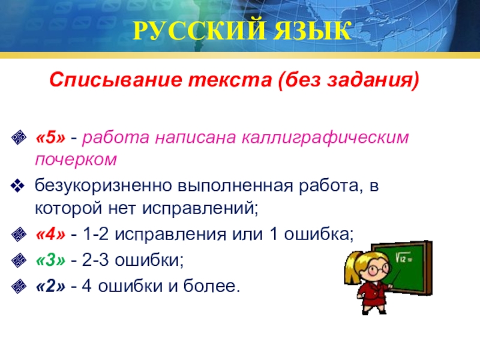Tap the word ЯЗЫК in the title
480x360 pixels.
(x=313, y=31)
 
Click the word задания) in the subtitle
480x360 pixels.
(x=373, y=80)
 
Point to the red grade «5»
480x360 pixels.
(x=51, y=137)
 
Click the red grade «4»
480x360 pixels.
(x=51, y=235)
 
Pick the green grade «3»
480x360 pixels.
(x=51, y=260)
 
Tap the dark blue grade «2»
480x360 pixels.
(x=51, y=286)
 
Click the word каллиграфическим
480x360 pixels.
(x=325, y=138)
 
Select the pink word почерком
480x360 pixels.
(x=76, y=160)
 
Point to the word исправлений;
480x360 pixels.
(x=200, y=208)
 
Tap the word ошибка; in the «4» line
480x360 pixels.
(x=319, y=234)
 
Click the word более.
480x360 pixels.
(x=212, y=286)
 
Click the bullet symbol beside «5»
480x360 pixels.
(x=19, y=137)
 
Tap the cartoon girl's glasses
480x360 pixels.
(x=379, y=269)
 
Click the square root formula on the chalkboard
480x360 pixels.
(x=404, y=257)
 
